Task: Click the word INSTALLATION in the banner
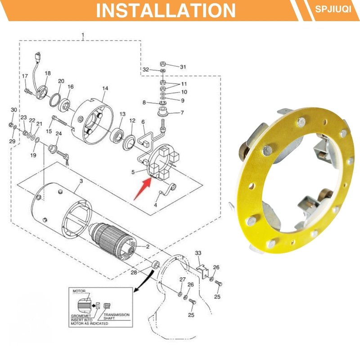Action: (166, 10)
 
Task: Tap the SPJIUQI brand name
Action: (333, 9)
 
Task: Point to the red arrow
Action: (143, 189)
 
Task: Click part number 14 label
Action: (105, 88)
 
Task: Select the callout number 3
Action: (81, 181)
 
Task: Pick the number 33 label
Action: (198, 253)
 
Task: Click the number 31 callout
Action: (183, 67)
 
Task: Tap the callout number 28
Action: (134, 272)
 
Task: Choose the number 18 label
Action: (48, 73)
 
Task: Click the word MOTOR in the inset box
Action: (79, 291)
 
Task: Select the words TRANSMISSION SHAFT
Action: (117, 316)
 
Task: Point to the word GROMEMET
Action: (81, 316)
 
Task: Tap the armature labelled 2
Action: (112, 239)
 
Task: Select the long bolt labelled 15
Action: (60, 121)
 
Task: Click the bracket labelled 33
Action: (202, 271)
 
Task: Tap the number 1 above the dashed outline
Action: (83, 36)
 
